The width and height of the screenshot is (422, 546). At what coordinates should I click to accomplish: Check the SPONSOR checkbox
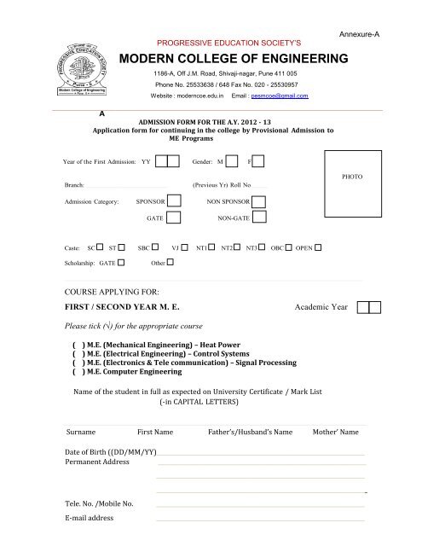(x=174, y=202)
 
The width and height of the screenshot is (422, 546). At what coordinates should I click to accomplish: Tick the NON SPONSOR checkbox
(x=258, y=202)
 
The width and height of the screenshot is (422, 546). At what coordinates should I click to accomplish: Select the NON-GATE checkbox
(x=258, y=219)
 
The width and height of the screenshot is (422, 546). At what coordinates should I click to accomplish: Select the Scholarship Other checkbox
(x=170, y=264)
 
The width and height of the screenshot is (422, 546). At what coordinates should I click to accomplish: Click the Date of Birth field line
(x=260, y=454)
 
